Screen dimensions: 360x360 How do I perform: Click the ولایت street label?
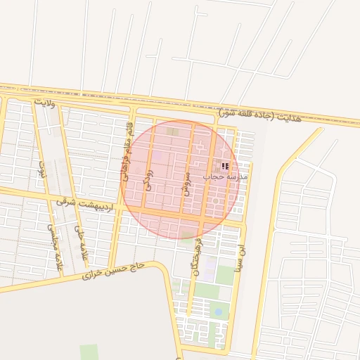pos(44,103)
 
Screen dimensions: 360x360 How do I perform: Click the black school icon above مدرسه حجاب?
pos(225,167)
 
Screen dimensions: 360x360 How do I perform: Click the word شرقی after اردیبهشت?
pos(65,201)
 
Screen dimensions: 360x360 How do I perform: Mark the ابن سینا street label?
pos(241,252)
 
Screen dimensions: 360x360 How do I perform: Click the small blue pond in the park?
pos(218,311)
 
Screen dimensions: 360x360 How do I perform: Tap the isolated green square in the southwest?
pos(89,352)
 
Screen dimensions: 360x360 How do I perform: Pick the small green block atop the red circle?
pos(172,131)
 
